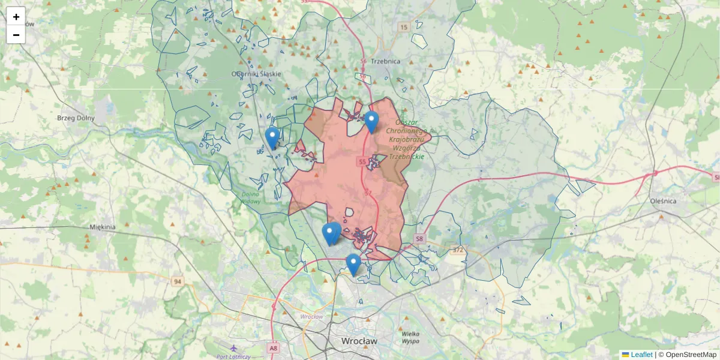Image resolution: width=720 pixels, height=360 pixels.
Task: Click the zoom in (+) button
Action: (x=16, y=16)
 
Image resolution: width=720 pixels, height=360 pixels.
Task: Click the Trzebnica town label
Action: (x=385, y=61)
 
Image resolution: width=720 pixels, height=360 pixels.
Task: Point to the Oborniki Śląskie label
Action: (x=256, y=74)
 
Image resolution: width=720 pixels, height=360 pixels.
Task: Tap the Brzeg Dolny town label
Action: (x=76, y=118)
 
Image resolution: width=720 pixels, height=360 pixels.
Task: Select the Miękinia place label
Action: (x=102, y=227)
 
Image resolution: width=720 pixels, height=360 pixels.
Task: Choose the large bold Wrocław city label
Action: (x=359, y=341)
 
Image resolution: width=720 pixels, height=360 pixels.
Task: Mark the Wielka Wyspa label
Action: (x=410, y=337)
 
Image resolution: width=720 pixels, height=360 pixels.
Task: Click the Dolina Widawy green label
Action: (x=250, y=197)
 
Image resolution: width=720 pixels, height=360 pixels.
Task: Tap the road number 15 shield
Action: (x=404, y=28)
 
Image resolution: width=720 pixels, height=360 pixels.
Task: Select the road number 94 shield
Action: (x=177, y=281)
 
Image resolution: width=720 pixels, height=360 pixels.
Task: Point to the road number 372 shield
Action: (x=458, y=250)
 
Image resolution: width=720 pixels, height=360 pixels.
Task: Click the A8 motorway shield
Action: (x=274, y=348)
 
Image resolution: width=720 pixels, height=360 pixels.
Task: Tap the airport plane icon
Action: (x=233, y=348)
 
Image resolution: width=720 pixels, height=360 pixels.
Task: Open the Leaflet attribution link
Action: (x=641, y=355)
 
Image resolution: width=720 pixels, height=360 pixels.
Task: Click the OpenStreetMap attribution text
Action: (x=687, y=355)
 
